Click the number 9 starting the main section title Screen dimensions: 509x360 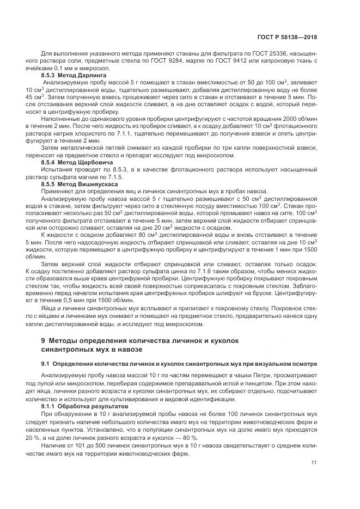(x=44, y=340)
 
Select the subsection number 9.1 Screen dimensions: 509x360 (x=46, y=363)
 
